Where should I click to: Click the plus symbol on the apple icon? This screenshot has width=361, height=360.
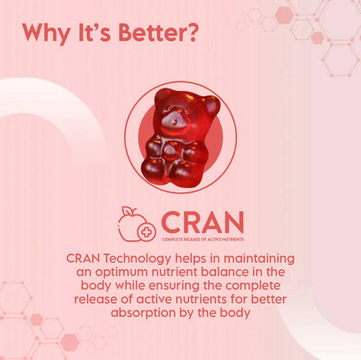coord(144,232)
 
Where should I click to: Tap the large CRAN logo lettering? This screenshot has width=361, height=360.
coord(201,221)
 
